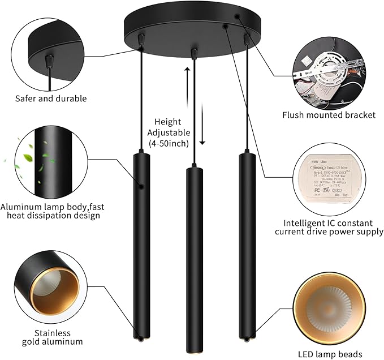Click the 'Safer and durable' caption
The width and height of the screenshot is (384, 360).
pos(51,98)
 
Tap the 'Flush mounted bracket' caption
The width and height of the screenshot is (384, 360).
pos(329,115)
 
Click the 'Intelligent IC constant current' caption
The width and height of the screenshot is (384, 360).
pos(329,227)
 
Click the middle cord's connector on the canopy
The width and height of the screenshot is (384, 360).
pos(194,53)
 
